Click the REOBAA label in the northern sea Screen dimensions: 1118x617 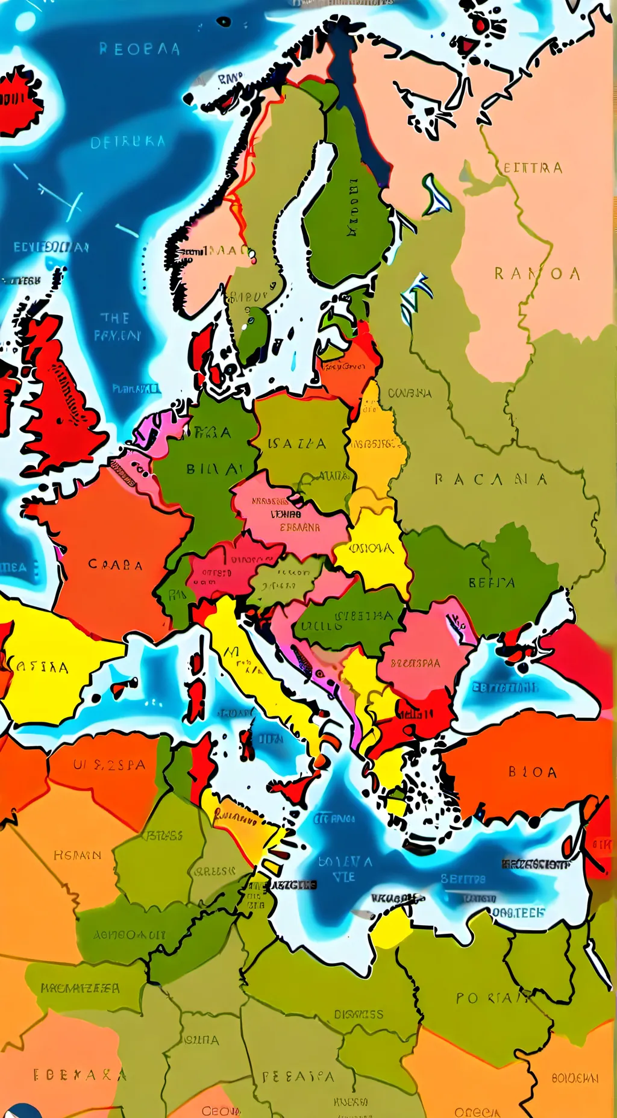click(139, 49)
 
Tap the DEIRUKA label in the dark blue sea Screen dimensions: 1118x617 click(128, 142)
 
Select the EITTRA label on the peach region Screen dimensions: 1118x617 click(533, 167)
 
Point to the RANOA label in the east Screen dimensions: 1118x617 click(537, 274)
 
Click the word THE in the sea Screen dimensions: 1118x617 click(114, 318)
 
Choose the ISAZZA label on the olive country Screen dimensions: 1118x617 click(296, 444)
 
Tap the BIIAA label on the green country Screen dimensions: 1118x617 click(214, 469)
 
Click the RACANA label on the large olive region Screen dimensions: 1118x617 click(491, 479)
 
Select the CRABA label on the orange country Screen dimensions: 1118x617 click(115, 564)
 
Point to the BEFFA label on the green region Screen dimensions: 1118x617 click(492, 582)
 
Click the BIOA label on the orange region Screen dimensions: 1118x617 click(533, 772)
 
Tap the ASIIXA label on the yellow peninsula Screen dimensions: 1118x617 click(41, 667)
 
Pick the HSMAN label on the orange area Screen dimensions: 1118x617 click(77, 855)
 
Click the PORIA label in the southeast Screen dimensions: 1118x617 click(492, 998)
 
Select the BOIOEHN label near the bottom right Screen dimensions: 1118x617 click(575, 1078)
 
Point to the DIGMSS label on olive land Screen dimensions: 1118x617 click(359, 1014)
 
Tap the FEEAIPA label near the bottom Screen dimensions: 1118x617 click(298, 1076)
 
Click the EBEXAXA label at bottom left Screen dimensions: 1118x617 click(80, 1075)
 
